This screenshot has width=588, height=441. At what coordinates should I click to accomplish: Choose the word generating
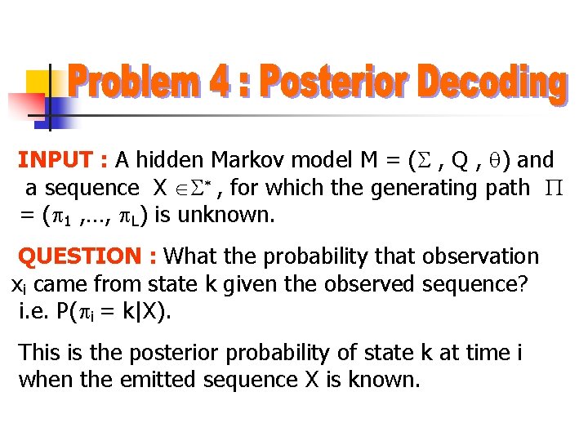pyautogui.click(x=424, y=189)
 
